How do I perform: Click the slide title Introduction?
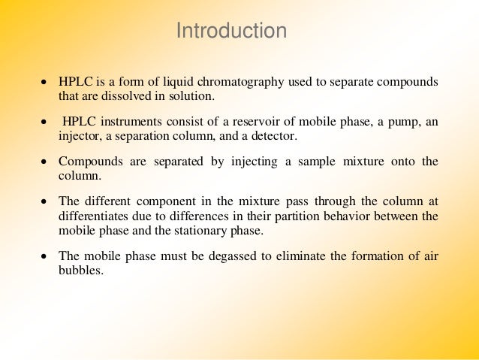[x=231, y=32]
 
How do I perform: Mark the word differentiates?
[x=92, y=216]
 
